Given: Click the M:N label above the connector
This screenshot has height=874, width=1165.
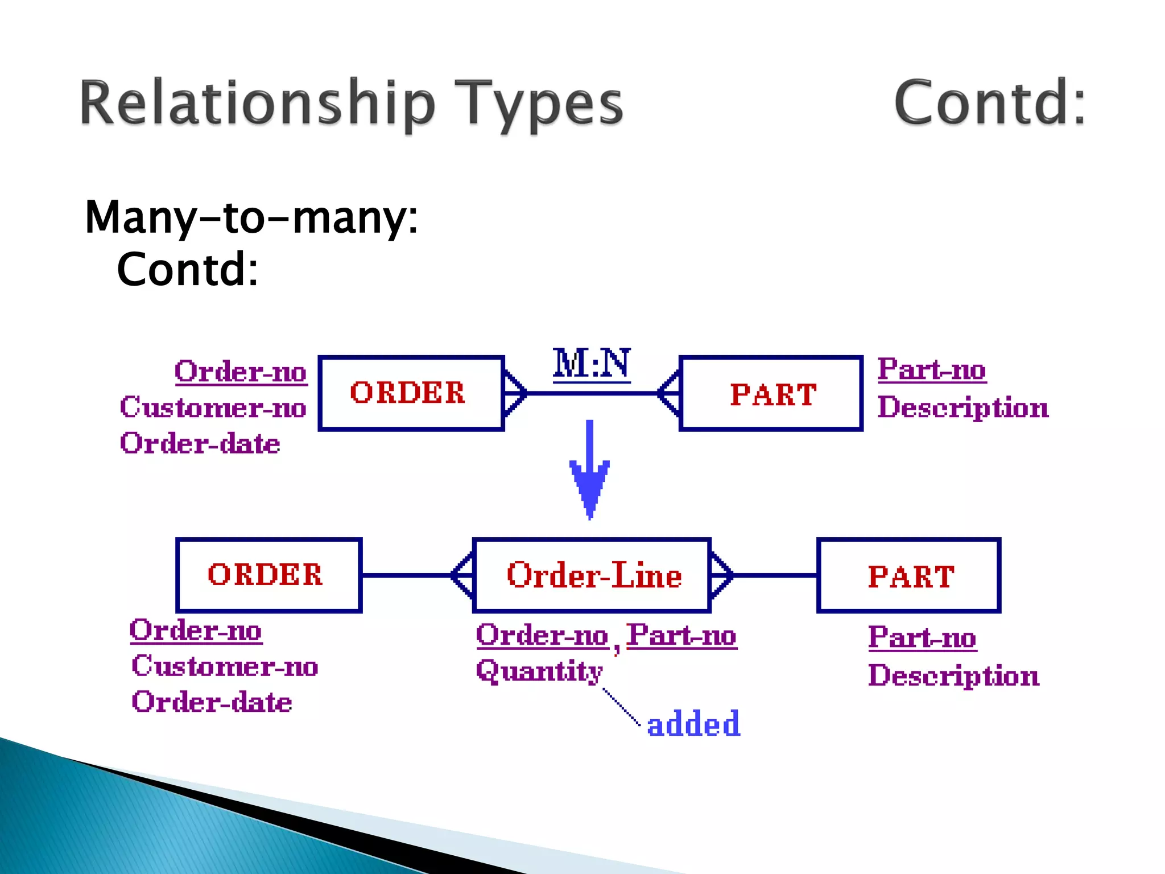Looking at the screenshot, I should tap(592, 364).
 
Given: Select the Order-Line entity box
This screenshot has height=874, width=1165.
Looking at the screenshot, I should tap(592, 575).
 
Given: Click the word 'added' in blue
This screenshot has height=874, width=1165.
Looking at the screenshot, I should tap(693, 724).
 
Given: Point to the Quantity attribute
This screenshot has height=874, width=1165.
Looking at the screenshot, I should tap(539, 671).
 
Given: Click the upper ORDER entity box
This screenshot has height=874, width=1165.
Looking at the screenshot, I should tap(411, 393).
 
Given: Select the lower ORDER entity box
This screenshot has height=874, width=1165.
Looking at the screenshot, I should tap(268, 575).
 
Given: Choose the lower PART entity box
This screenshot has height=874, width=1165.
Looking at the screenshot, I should tap(908, 576).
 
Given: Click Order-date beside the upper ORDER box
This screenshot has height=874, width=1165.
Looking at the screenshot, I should tap(200, 443).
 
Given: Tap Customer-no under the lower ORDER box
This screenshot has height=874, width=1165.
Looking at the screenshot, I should tap(225, 666).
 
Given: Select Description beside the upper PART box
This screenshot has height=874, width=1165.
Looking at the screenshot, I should tap(962, 407).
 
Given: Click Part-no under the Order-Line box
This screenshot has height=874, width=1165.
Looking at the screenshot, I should tap(681, 636).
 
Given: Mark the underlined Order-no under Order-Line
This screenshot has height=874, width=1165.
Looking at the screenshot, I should tap(542, 636).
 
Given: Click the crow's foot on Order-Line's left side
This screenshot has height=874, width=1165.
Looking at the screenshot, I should tap(462, 575).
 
